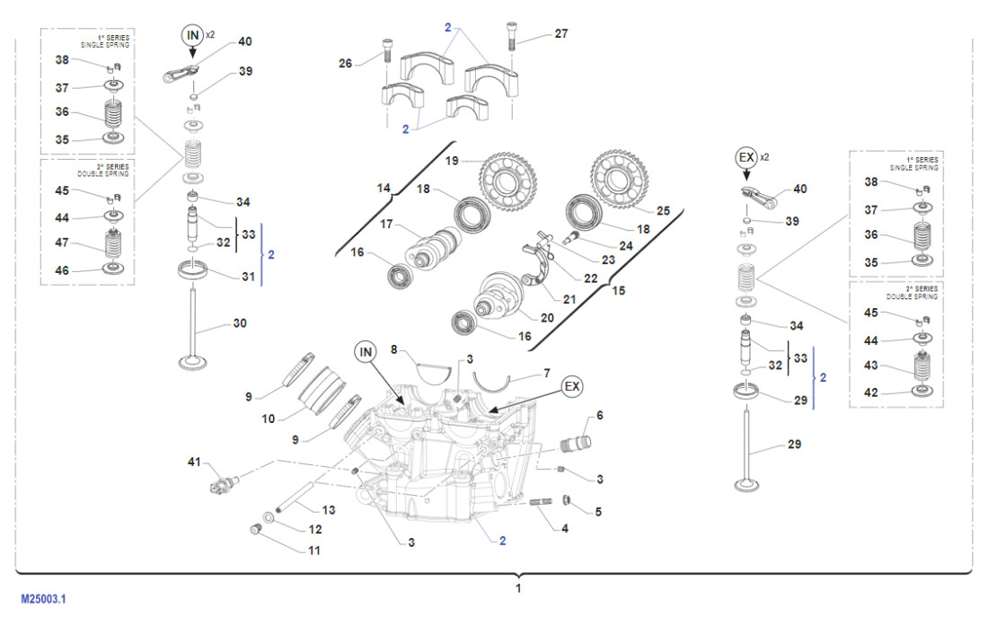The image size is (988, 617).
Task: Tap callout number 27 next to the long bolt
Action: click(560, 34)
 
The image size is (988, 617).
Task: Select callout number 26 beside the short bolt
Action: click(346, 63)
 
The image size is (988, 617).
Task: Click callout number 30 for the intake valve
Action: click(239, 323)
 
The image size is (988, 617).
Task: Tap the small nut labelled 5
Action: click(567, 500)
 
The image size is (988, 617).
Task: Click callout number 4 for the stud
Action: click(564, 529)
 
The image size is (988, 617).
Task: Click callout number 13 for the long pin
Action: click(329, 509)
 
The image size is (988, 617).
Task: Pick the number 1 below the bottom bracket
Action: click(518, 588)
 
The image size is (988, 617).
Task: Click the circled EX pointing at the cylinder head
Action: click(572, 386)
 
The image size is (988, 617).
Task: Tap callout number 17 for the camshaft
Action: click(387, 224)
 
